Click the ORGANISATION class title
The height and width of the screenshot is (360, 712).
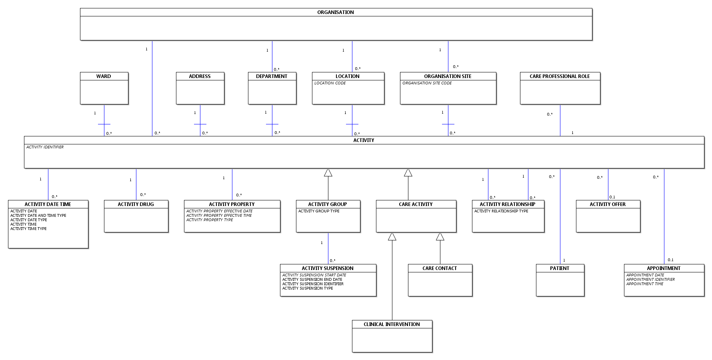(x=335, y=12)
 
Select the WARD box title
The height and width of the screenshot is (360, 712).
(x=104, y=76)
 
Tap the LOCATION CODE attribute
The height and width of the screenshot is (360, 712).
(x=330, y=83)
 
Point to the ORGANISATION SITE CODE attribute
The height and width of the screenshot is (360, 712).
(x=427, y=83)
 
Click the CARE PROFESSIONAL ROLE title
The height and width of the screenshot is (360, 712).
(x=560, y=76)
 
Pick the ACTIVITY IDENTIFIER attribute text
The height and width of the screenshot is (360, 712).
(x=45, y=147)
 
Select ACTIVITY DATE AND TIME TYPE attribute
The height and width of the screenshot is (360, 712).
(x=38, y=216)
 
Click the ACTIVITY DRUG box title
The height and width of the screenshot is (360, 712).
(x=136, y=204)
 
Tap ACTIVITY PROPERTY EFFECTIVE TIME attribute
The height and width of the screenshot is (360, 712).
(x=219, y=216)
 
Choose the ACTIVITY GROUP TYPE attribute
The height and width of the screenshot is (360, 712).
(x=318, y=211)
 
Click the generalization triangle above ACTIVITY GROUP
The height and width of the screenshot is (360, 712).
(x=328, y=173)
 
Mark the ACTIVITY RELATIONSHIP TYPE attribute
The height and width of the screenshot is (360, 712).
(x=501, y=211)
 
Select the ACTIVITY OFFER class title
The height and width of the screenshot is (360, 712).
(x=608, y=204)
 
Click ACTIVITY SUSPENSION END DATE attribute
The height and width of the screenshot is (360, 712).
(x=312, y=280)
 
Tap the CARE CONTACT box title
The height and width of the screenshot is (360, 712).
(x=440, y=268)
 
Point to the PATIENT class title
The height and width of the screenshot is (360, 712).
(x=560, y=268)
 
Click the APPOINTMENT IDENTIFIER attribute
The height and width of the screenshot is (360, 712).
(x=650, y=280)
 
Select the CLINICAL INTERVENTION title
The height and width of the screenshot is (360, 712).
(x=392, y=324)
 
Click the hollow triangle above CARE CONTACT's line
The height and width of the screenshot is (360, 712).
(x=440, y=237)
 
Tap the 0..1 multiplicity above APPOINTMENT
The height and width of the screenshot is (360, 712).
(x=670, y=260)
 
